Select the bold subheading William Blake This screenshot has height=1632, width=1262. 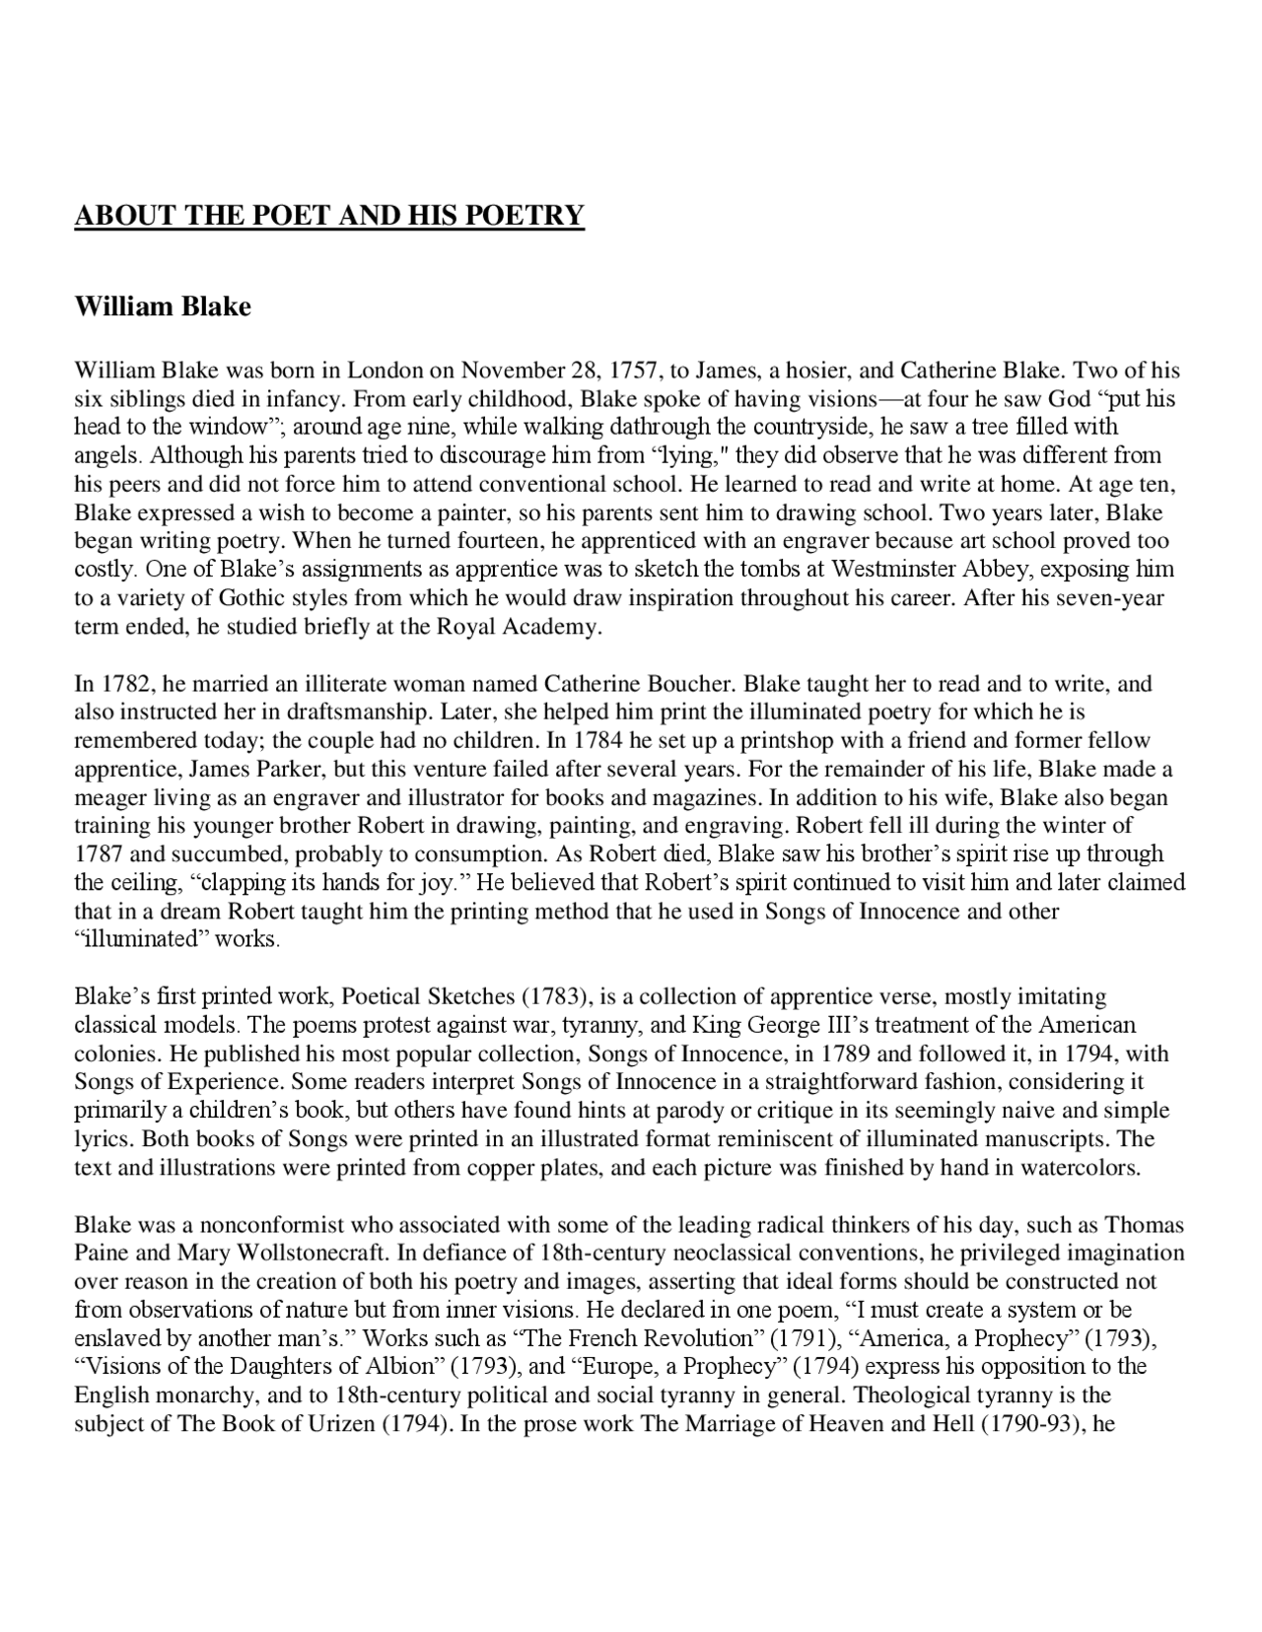click(x=163, y=306)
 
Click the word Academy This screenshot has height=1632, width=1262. click(x=554, y=627)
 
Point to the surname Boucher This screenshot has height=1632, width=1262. click(x=690, y=684)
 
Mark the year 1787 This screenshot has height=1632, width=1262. click(x=99, y=853)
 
